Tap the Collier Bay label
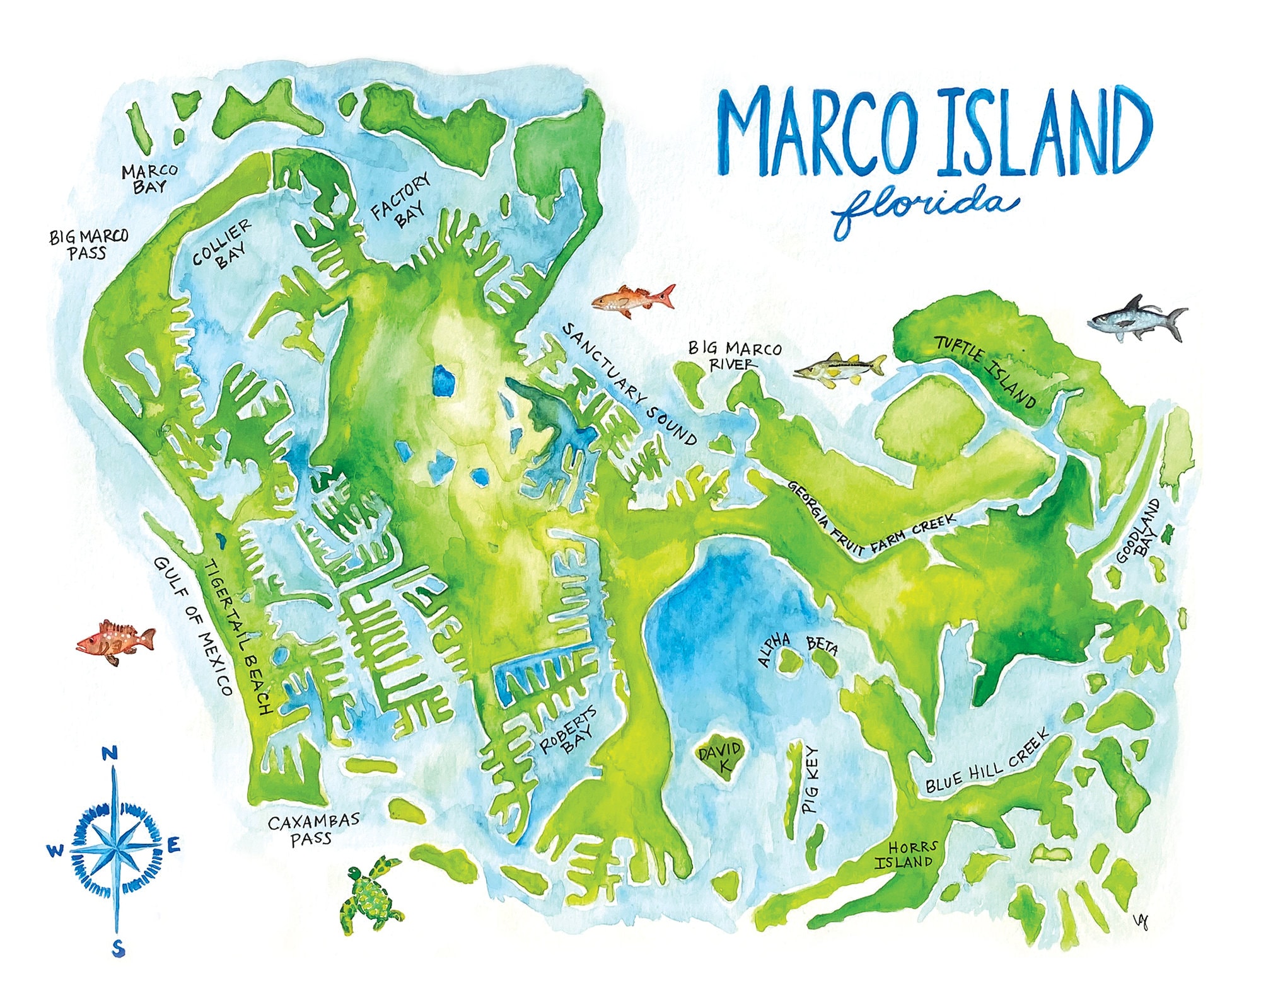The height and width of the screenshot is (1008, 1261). tap(222, 245)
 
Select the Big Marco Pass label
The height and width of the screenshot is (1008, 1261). tap(88, 244)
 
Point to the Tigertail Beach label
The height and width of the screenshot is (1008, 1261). tap(238, 636)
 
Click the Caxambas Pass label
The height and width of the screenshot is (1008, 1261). tap(313, 829)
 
